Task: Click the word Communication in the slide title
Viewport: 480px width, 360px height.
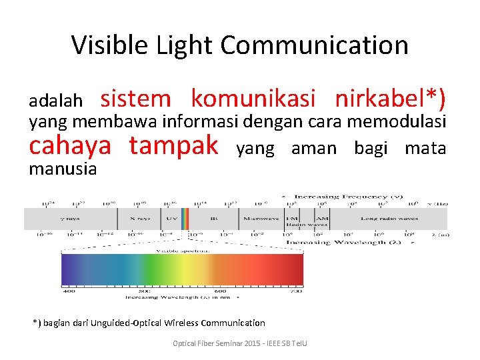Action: [x=314, y=45]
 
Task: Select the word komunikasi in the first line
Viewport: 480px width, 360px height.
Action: [x=253, y=99]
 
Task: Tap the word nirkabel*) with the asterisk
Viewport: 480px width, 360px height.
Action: [x=390, y=99]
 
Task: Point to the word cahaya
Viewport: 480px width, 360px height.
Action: [x=72, y=145]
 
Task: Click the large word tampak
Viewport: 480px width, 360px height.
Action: [x=174, y=145]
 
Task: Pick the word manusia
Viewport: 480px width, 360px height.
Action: [x=63, y=169]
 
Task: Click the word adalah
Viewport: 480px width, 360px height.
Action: [x=55, y=101]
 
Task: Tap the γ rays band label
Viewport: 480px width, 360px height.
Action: [x=70, y=219]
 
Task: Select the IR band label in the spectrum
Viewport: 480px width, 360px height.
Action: [x=213, y=219]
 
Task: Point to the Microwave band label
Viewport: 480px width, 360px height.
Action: [x=261, y=219]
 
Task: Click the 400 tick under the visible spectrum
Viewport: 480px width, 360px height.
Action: [x=69, y=291]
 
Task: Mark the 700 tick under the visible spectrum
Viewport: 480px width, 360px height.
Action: [x=296, y=291]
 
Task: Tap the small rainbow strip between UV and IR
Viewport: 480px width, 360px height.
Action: [x=186, y=219]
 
